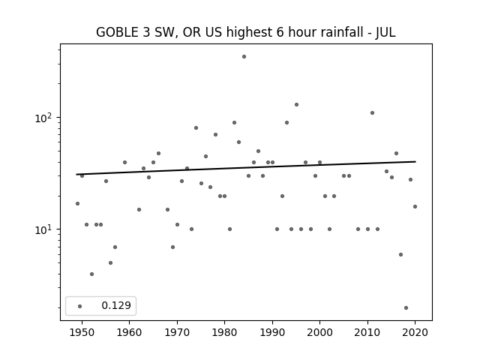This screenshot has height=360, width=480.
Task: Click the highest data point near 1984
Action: pyautogui.click(x=244, y=57)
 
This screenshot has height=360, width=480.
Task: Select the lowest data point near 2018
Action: pyautogui.click(x=406, y=308)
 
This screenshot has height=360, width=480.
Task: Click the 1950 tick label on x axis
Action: pyautogui.click(x=82, y=332)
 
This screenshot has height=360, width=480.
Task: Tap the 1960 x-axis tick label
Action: pyautogui.click(x=129, y=332)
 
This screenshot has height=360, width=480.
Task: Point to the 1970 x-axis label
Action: pyautogui.click(x=177, y=332)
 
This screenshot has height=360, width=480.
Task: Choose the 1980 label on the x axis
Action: pyautogui.click(x=224, y=332)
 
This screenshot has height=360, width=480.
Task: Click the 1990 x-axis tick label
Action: pyautogui.click(x=272, y=332)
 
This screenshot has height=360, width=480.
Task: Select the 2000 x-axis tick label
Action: pyautogui.click(x=320, y=332)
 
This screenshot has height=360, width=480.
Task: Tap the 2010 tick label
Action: pyautogui.click(x=367, y=332)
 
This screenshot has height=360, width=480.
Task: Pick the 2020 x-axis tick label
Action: pyautogui.click(x=415, y=332)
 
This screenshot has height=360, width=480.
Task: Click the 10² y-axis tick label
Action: pyautogui.click(x=43, y=118)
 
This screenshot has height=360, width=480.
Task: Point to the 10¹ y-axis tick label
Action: pyautogui.click(x=43, y=229)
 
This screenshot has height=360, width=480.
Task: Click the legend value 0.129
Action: pyautogui.click(x=116, y=305)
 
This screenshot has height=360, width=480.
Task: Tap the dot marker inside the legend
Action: pyautogui.click(x=80, y=306)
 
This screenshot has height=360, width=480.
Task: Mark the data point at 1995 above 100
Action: pyautogui.click(x=296, y=105)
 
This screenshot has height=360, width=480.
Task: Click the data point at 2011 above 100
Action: pyautogui.click(x=372, y=113)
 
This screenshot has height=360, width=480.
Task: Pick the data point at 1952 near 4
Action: pyautogui.click(x=91, y=274)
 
